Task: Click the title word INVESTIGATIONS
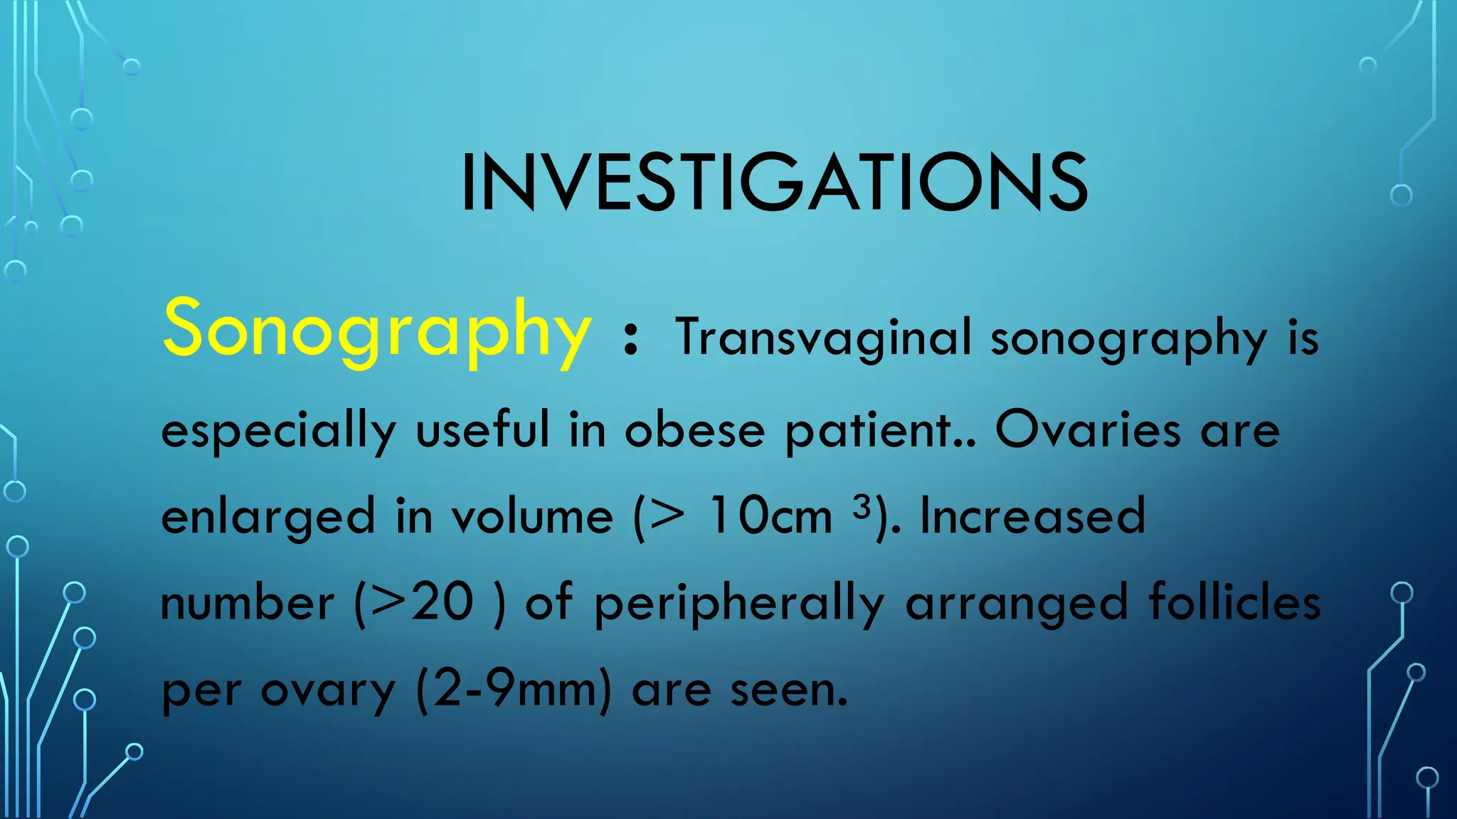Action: coord(774,183)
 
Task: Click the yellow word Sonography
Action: coord(377,330)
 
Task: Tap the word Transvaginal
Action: coord(824,337)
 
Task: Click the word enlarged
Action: coord(268,518)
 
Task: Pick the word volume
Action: coord(532,516)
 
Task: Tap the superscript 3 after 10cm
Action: coord(862,507)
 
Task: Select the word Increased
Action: coord(1032,516)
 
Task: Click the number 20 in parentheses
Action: coord(443,603)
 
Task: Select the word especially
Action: coord(278,432)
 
